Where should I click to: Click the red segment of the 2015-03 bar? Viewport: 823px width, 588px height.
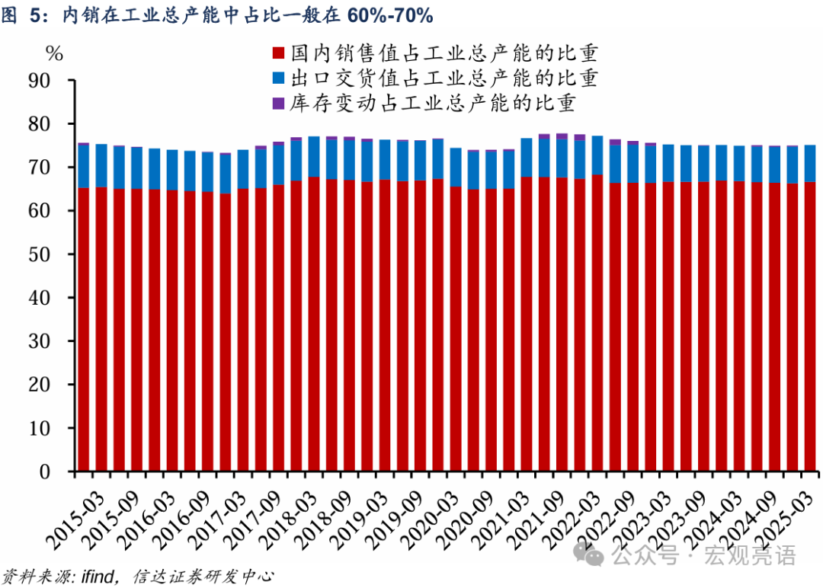tap(83, 328)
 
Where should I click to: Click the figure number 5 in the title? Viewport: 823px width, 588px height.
tap(34, 15)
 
